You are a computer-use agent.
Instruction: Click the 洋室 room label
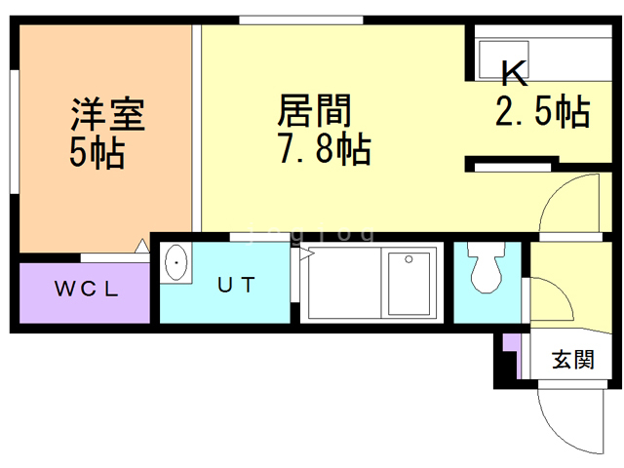[107, 114]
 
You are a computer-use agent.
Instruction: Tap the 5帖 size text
[97, 153]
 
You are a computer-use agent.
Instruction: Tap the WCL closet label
[86, 289]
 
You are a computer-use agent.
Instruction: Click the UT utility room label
[236, 286]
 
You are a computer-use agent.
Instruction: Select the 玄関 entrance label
[573, 359]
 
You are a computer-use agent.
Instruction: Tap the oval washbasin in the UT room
[176, 263]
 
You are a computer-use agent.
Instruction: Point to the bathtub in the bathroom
[409, 284]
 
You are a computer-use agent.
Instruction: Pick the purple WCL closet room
[86, 289]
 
